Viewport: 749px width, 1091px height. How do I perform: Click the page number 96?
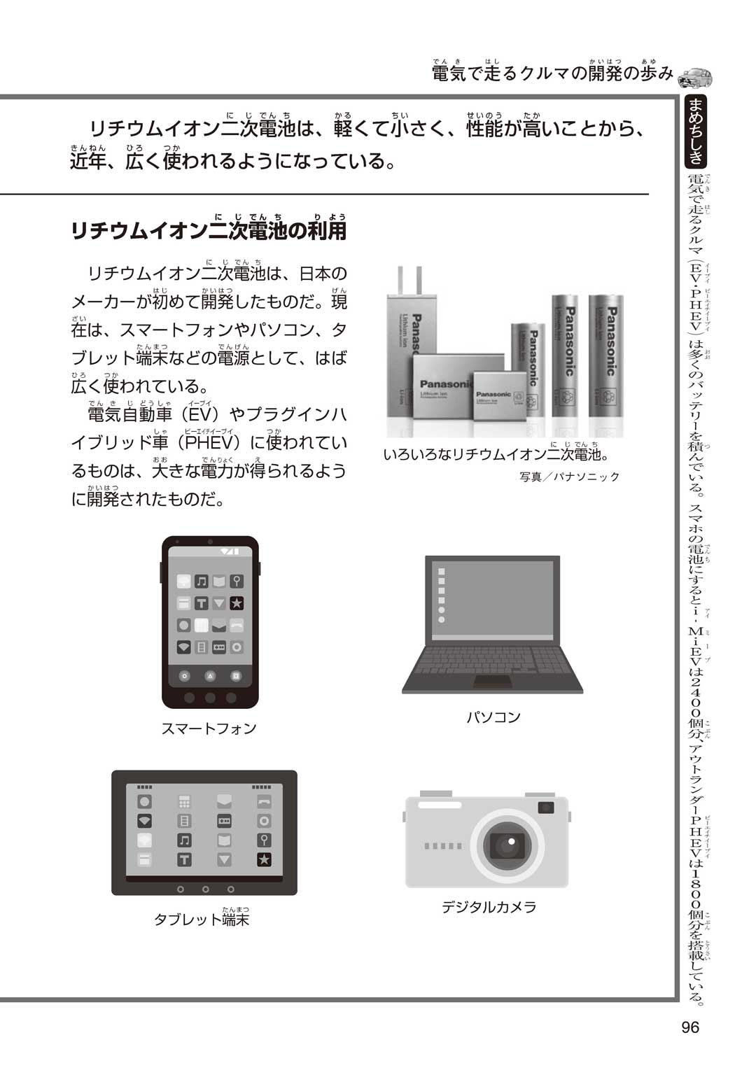tap(690, 1027)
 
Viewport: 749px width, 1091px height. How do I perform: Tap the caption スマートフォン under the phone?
tap(209, 728)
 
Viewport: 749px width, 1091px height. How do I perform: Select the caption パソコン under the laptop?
tap(493, 717)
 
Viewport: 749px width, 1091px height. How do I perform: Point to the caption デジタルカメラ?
tap(489, 907)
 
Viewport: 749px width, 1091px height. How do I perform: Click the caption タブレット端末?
tap(202, 919)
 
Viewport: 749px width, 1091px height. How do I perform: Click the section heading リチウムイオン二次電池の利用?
tap(209, 230)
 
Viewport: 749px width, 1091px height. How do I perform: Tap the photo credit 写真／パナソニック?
tap(569, 477)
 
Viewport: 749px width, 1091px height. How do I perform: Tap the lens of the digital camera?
tap(507, 845)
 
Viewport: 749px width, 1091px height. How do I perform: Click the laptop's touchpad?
tap(493, 681)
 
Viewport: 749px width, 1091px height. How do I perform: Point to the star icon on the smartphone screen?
tap(237, 603)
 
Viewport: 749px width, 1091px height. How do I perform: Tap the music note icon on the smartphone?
tap(202, 581)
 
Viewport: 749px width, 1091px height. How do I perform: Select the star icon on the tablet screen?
tap(264, 860)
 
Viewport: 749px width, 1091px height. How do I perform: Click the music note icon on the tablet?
tap(184, 840)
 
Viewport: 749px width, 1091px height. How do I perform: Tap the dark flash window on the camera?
tap(546, 808)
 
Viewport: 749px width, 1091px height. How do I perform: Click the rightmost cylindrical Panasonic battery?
tap(605, 357)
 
